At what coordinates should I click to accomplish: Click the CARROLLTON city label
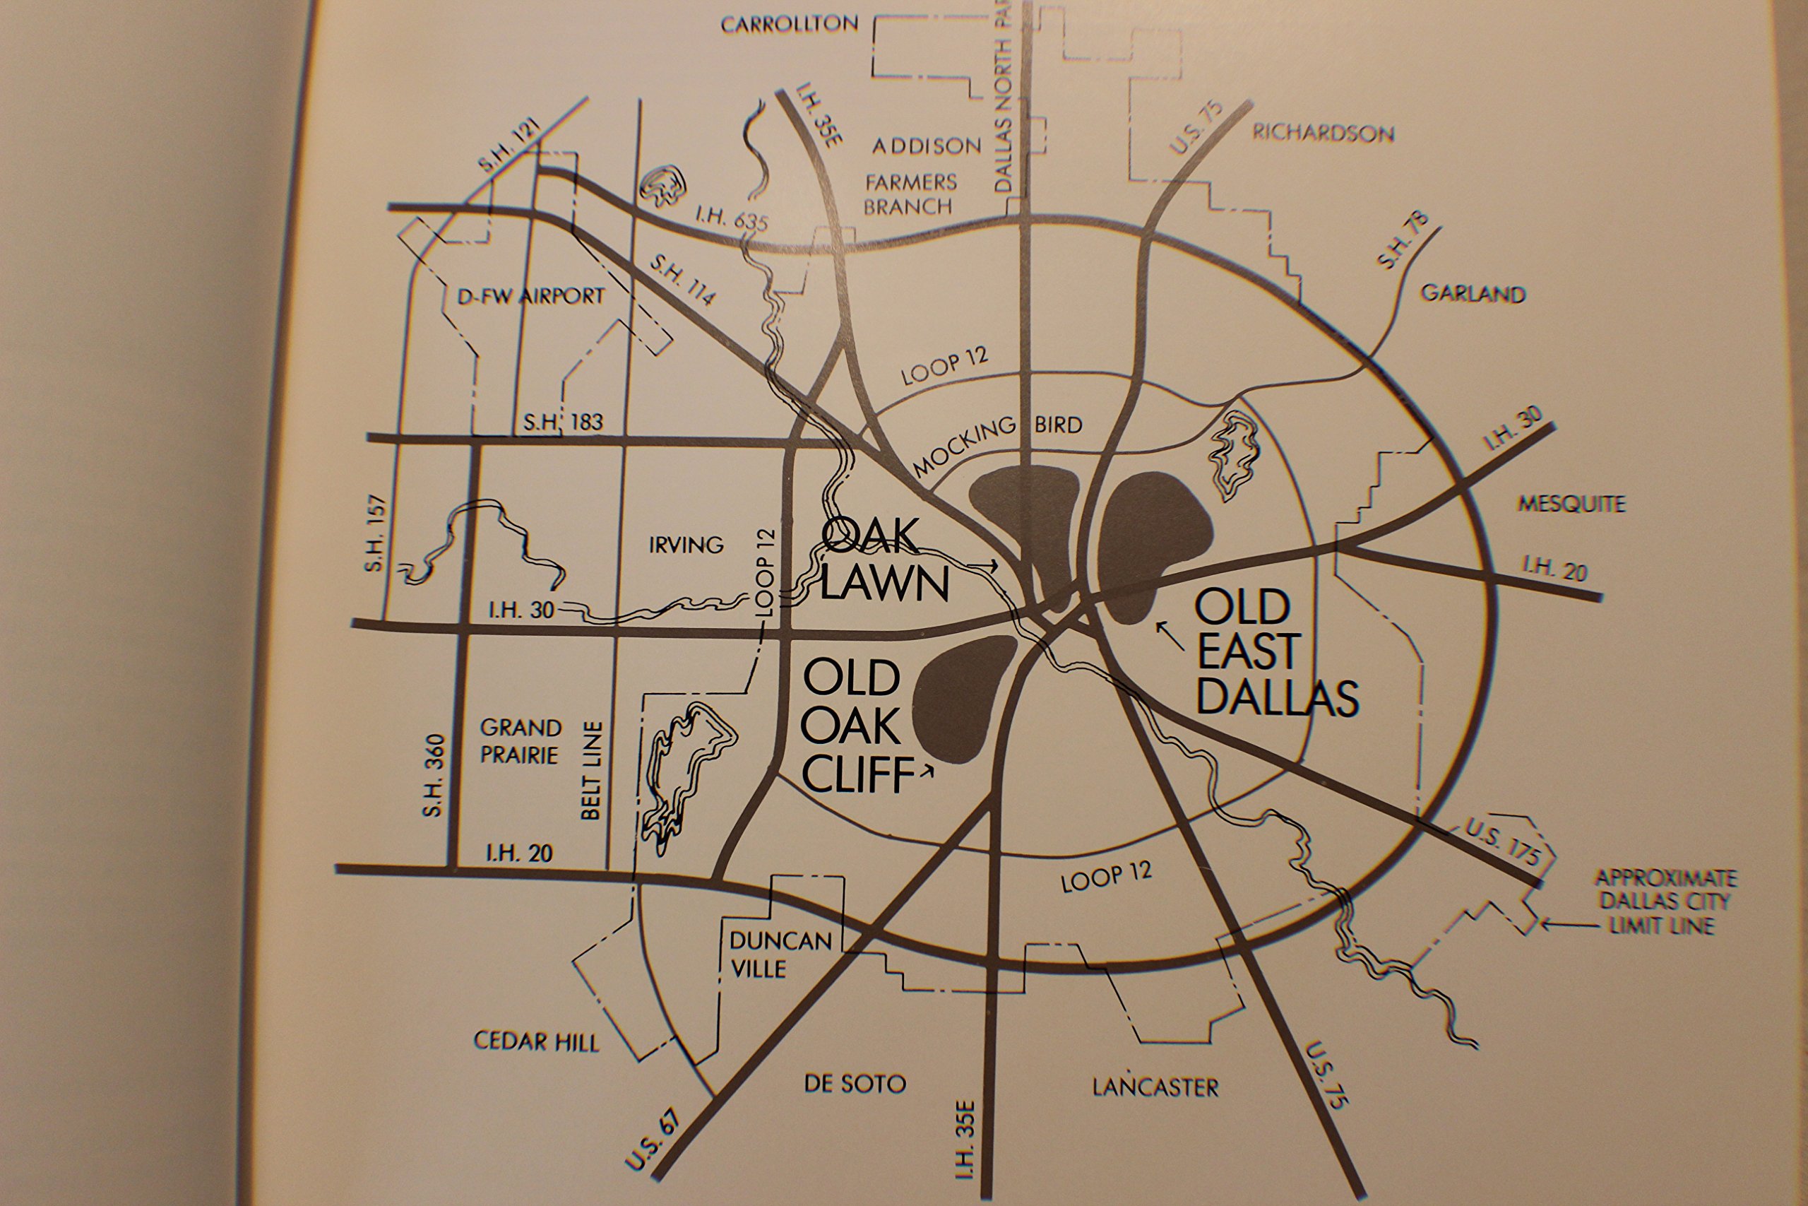click(x=790, y=25)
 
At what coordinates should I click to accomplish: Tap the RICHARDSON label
click(x=1323, y=133)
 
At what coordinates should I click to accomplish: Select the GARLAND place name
click(x=1472, y=294)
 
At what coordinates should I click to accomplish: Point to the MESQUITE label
click(x=1571, y=504)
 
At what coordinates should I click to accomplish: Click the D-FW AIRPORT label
click(x=530, y=296)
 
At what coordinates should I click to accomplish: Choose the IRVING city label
click(x=686, y=545)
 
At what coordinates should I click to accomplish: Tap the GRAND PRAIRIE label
click(x=521, y=740)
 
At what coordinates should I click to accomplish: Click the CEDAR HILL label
click(x=536, y=1041)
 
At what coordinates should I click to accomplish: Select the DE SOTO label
click(x=855, y=1084)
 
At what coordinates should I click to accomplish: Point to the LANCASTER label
click(x=1155, y=1087)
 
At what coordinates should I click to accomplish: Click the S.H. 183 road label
click(x=563, y=422)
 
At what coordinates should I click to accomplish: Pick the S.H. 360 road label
click(x=433, y=775)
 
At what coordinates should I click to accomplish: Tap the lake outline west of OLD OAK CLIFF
click(x=684, y=769)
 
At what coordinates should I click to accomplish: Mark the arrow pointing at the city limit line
click(x=1570, y=926)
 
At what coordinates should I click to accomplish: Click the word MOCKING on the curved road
click(x=963, y=449)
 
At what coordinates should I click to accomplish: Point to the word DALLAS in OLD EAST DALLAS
click(x=1278, y=697)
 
